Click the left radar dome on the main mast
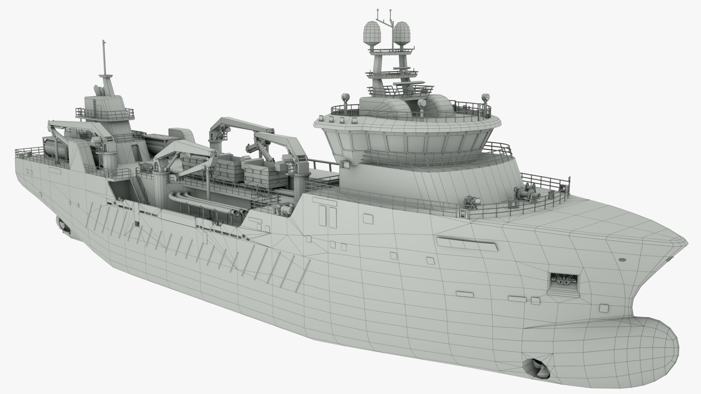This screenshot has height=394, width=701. (x=371, y=31)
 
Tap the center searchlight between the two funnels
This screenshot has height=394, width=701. (x=422, y=104)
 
